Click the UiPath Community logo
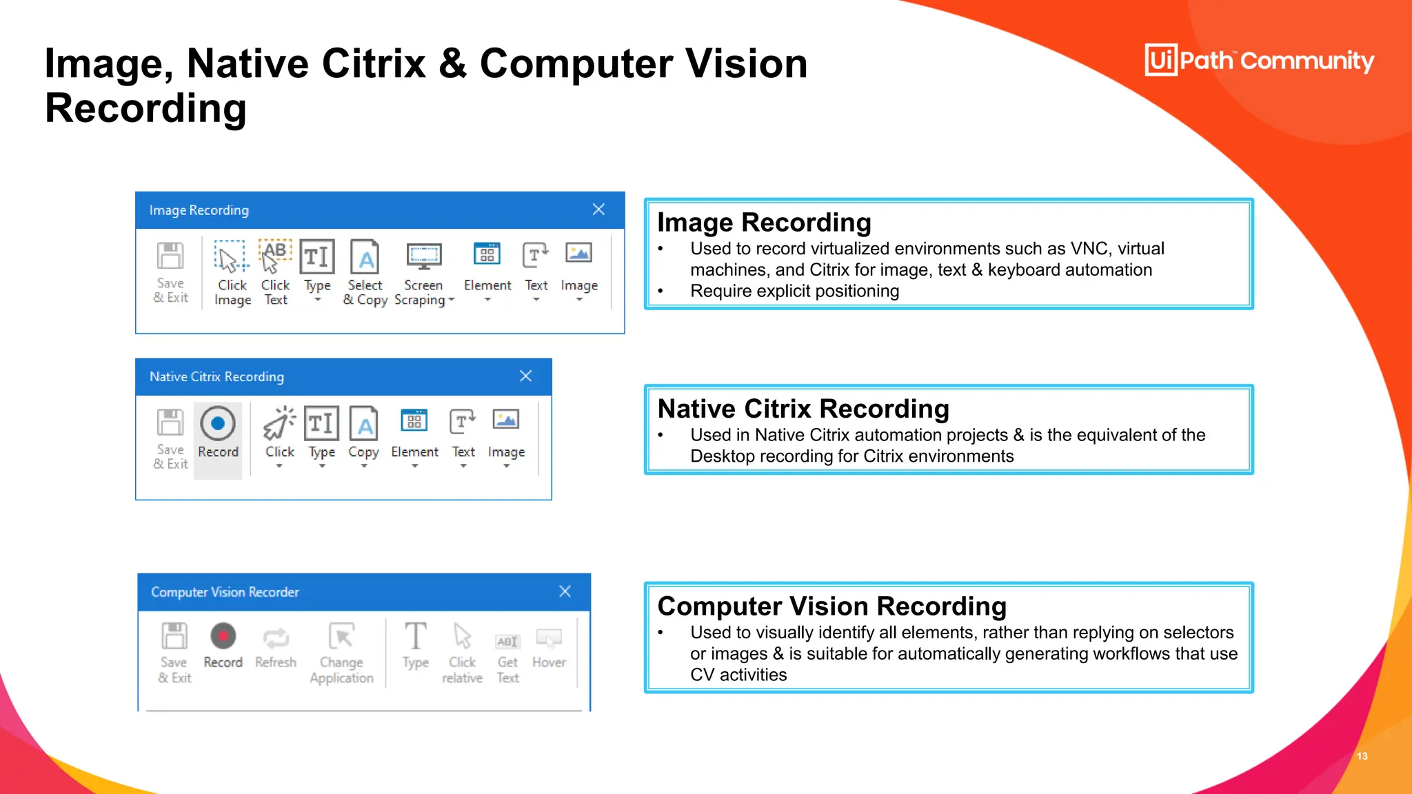[1259, 61]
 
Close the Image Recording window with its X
[598, 210]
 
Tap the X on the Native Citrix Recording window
[526, 376]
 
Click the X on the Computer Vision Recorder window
[565, 591]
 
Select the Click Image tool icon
[230, 257]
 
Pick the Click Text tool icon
[275, 257]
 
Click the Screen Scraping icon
[423, 257]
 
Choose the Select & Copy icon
[365, 257]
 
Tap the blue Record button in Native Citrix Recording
[218, 424]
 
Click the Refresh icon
[276, 638]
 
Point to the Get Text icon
[507, 641]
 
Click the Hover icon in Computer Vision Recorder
[549, 639]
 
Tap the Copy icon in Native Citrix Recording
[364, 424]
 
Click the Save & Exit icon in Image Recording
[170, 256]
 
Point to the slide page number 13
[1362, 756]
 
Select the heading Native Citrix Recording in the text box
[803, 409]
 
